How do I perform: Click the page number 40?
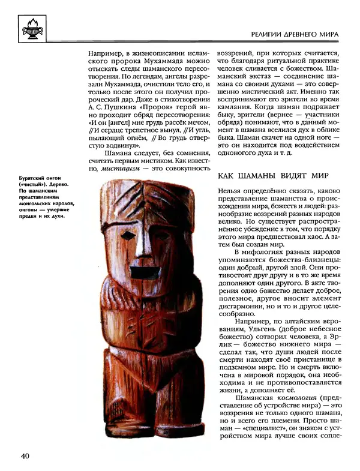[25, 456]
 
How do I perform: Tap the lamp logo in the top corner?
[31, 27]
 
